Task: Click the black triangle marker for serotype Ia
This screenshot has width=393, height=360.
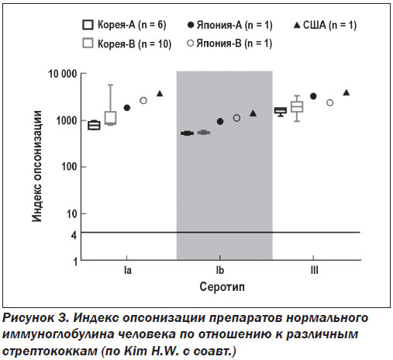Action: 160,94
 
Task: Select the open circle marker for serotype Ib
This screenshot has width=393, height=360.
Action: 236,118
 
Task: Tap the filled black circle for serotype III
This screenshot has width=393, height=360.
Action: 313,96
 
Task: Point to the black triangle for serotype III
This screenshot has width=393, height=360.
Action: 346,92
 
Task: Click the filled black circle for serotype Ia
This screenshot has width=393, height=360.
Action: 127,108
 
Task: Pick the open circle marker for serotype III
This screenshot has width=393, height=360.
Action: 329,102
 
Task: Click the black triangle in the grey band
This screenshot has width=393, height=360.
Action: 253,113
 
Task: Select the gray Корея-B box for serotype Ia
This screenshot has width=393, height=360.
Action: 110,118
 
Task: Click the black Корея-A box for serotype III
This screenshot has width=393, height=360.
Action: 281,110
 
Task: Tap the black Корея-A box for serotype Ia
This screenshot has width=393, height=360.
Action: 94,126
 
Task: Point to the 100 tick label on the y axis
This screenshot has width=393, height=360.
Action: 69,167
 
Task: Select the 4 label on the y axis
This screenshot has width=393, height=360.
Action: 74,235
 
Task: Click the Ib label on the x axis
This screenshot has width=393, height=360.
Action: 220,270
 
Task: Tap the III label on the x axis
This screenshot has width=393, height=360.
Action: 314,270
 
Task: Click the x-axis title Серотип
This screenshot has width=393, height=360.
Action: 222,287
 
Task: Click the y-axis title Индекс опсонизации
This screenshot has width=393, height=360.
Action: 37,166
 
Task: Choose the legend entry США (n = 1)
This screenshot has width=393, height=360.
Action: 325,25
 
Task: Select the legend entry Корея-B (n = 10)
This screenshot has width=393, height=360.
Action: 127,43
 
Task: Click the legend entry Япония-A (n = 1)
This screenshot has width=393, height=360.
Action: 229,25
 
